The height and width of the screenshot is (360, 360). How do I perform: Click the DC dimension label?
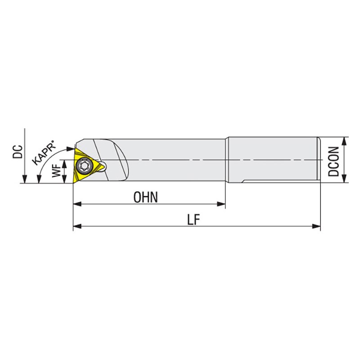pos(18,152)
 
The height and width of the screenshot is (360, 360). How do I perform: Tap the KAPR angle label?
pos(45,153)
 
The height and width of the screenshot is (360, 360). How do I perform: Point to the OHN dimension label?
pos(146,197)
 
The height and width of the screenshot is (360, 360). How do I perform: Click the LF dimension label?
pos(194,220)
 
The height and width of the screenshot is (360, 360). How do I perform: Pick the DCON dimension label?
pos(333,162)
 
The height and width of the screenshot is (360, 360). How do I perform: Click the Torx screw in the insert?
pos(83,164)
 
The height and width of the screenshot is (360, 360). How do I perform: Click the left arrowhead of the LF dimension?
pos(77,226)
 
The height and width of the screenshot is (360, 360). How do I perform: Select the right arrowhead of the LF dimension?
pos(316,226)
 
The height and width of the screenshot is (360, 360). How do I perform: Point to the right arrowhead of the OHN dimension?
pos(221,204)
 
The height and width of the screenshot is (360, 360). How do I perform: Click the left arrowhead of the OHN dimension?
pos(77,204)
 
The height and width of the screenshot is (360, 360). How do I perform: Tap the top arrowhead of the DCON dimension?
pos(344,141)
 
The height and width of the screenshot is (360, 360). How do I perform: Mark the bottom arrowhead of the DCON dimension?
pos(344,179)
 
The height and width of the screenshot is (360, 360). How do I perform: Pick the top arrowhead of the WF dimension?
pos(64,164)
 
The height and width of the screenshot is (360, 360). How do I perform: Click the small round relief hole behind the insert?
pos(103,166)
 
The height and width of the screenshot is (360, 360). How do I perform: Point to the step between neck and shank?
pos(227,160)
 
